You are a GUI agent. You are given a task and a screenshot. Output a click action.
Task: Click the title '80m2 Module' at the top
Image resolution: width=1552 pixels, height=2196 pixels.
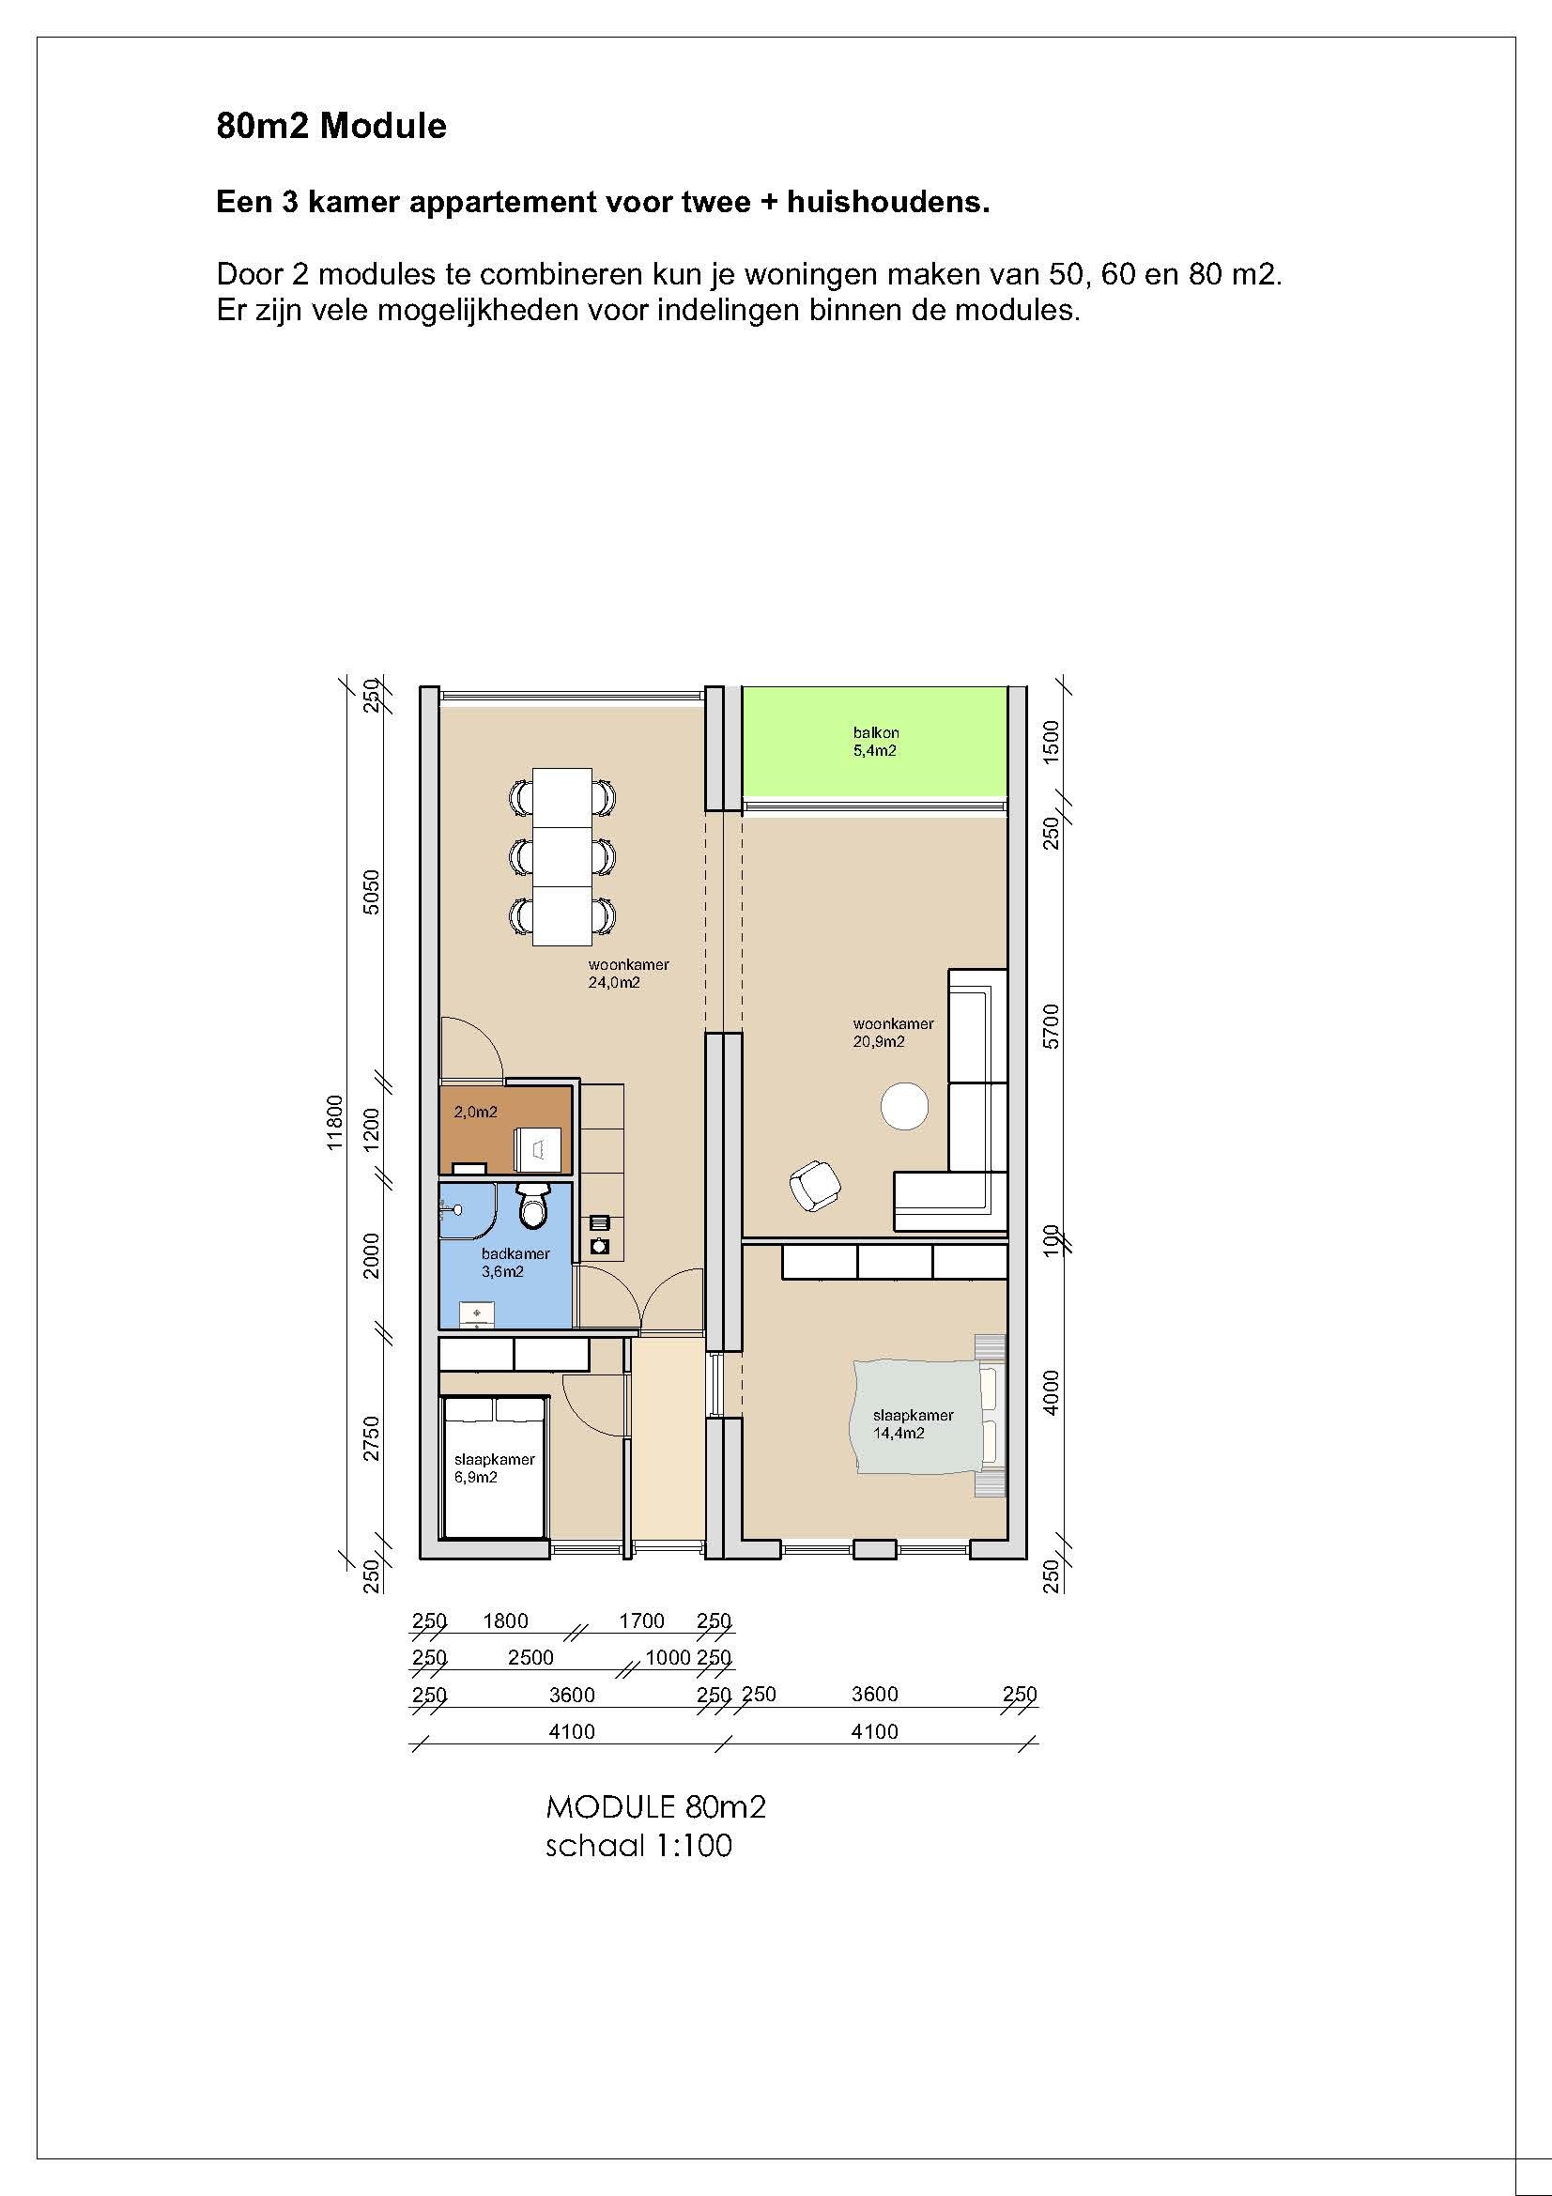pyautogui.click(x=330, y=127)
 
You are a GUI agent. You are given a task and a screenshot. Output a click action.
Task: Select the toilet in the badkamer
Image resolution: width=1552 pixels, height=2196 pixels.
pyautogui.click(x=532, y=1206)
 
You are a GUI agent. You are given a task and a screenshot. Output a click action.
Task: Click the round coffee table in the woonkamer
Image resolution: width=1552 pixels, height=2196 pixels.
pyautogui.click(x=903, y=1106)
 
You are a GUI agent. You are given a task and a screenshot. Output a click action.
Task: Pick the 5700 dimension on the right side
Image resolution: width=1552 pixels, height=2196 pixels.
pyautogui.click(x=1052, y=1026)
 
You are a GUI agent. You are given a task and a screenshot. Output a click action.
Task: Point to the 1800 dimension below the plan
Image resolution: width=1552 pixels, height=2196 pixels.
pyautogui.click(x=506, y=1621)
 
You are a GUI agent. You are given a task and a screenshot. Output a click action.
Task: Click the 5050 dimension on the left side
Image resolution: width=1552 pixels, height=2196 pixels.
pyautogui.click(x=372, y=891)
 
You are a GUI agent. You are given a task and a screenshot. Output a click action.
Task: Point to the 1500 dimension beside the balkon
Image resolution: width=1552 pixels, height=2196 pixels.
pyautogui.click(x=1052, y=740)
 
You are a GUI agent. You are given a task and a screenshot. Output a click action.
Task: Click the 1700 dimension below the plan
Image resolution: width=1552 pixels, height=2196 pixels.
pyautogui.click(x=641, y=1621)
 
